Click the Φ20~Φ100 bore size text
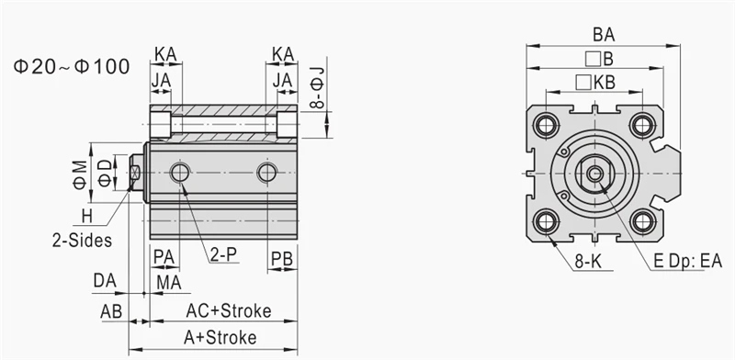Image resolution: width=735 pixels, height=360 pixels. click(x=72, y=67)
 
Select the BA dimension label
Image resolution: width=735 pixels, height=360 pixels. click(x=604, y=35)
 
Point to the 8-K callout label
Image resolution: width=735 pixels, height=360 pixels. click(x=588, y=262)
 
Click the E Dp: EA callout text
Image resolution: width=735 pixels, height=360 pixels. click(x=687, y=261)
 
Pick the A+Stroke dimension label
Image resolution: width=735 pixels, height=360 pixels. click(x=220, y=338)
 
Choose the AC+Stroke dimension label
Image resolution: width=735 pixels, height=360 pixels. click(x=229, y=310)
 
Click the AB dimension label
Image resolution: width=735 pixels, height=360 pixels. click(x=111, y=311)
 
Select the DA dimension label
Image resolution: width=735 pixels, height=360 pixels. click(x=105, y=280)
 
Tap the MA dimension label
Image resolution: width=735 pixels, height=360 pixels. click(x=169, y=283)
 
